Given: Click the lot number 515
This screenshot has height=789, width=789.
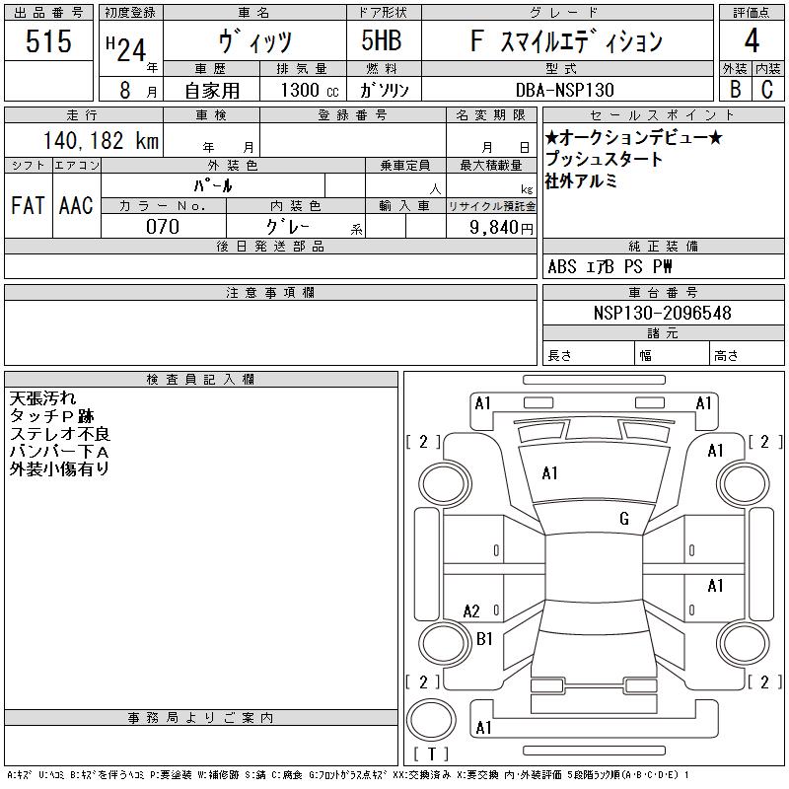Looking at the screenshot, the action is click(48, 41).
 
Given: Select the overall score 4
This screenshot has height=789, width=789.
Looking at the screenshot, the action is click(752, 40).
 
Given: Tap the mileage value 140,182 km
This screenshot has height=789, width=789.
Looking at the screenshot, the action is click(102, 140).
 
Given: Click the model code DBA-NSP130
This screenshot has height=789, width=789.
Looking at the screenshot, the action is click(565, 90).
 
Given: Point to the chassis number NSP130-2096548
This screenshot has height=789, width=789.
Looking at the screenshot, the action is click(662, 313).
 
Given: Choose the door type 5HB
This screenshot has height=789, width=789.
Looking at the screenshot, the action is click(382, 40).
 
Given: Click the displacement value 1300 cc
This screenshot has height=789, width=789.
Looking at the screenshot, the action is click(310, 90).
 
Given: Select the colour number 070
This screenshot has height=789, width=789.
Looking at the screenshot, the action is click(163, 227).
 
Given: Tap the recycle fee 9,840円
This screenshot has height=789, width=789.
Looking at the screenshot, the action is click(501, 228).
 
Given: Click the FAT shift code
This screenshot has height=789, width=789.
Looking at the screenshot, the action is click(28, 205).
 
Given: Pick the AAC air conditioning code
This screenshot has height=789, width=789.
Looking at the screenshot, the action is click(76, 205).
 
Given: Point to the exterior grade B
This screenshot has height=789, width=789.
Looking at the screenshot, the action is click(735, 89).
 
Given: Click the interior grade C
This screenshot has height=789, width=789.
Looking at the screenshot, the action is click(767, 89).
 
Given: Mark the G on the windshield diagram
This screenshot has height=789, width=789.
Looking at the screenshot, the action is click(624, 519).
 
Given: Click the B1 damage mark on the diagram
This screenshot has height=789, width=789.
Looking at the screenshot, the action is click(484, 638).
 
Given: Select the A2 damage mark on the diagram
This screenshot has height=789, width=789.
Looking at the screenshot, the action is click(471, 611).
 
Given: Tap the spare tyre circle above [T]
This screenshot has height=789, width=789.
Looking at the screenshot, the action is click(431, 720).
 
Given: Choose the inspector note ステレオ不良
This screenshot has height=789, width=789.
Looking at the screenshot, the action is click(60, 433).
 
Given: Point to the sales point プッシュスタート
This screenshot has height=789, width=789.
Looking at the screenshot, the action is click(604, 159).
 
